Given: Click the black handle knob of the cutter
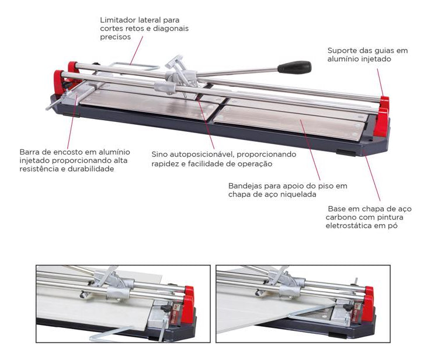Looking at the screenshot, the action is (294, 67).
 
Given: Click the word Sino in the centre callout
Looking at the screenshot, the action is (159, 154).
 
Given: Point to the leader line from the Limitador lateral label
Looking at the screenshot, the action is (136, 50).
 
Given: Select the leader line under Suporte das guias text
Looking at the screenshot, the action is (380, 82).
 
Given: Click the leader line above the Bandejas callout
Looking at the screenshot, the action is (310, 150).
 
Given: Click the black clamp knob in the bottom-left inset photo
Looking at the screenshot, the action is (166, 309).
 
